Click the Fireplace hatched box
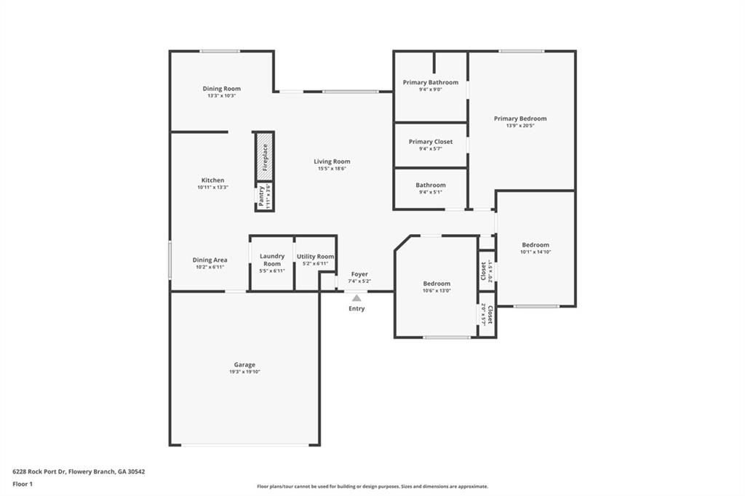pos(264,156)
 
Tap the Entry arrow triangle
pos(356,297)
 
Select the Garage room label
pos(244,364)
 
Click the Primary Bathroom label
pos(431,82)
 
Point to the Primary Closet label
pos(431,141)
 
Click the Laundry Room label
pos(272,260)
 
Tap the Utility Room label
pos(316,256)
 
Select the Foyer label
pos(359,274)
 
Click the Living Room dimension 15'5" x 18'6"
pos(332,169)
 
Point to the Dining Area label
pos(210,260)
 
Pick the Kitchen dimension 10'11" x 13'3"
pos(212,188)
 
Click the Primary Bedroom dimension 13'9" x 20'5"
pos(520,126)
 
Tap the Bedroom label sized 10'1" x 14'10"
pos(535,245)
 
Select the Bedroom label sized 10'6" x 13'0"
pos(437,284)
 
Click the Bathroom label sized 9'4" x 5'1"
pos(431,185)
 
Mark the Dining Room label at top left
pos(221,89)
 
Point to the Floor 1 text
pos(23,484)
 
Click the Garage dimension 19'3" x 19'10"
pos(244,372)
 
